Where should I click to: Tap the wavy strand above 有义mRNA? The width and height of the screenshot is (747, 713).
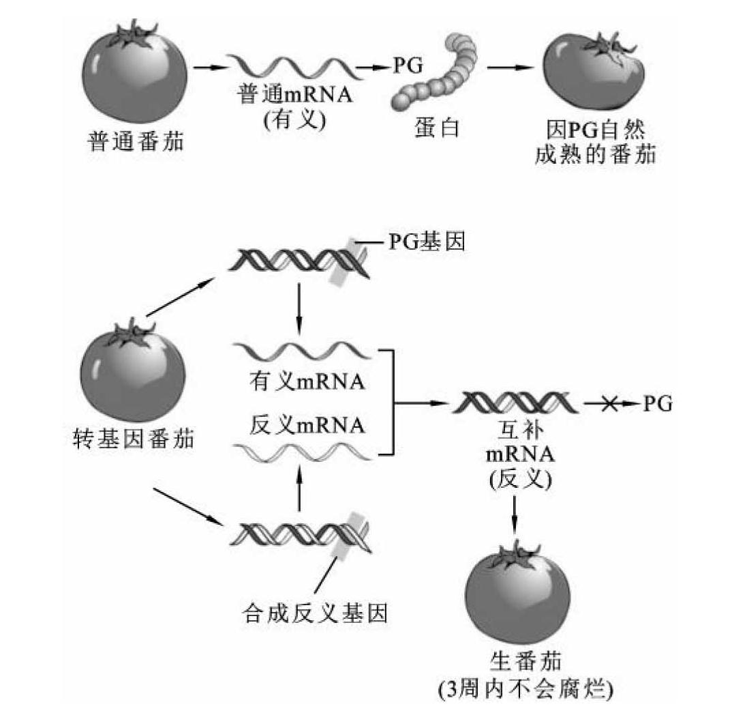(302, 351)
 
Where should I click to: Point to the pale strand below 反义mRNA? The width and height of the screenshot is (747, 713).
(302, 451)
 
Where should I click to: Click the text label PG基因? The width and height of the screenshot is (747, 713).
(427, 242)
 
